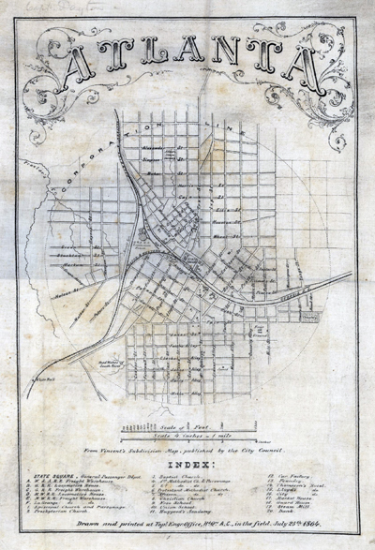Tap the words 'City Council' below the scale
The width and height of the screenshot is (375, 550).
tap(272, 452)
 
